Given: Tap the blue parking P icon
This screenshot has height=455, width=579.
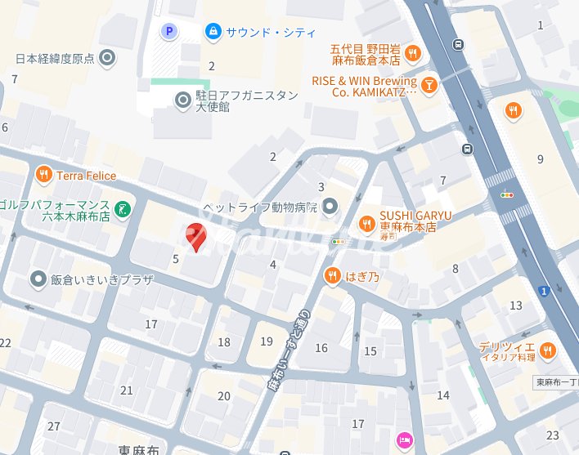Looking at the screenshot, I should [168, 32].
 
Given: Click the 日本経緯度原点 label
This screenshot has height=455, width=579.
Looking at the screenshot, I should [56, 58].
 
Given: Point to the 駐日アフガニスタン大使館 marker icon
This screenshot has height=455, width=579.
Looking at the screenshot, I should [184, 100].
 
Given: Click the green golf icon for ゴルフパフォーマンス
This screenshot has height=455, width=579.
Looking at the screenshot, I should [121, 209].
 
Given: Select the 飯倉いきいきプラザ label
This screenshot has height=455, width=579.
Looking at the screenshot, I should [101, 279].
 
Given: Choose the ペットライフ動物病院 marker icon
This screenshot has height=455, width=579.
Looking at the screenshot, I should [330, 207].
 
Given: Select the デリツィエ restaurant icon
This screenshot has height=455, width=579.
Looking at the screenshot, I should [547, 351].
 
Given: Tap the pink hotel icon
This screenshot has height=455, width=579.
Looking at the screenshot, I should [404, 440].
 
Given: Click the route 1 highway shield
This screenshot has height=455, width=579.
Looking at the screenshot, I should [543, 290].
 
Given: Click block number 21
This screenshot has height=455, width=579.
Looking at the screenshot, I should [126, 390].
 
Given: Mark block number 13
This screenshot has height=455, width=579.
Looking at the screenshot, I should [515, 306].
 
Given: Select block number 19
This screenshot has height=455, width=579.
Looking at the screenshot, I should [266, 341].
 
